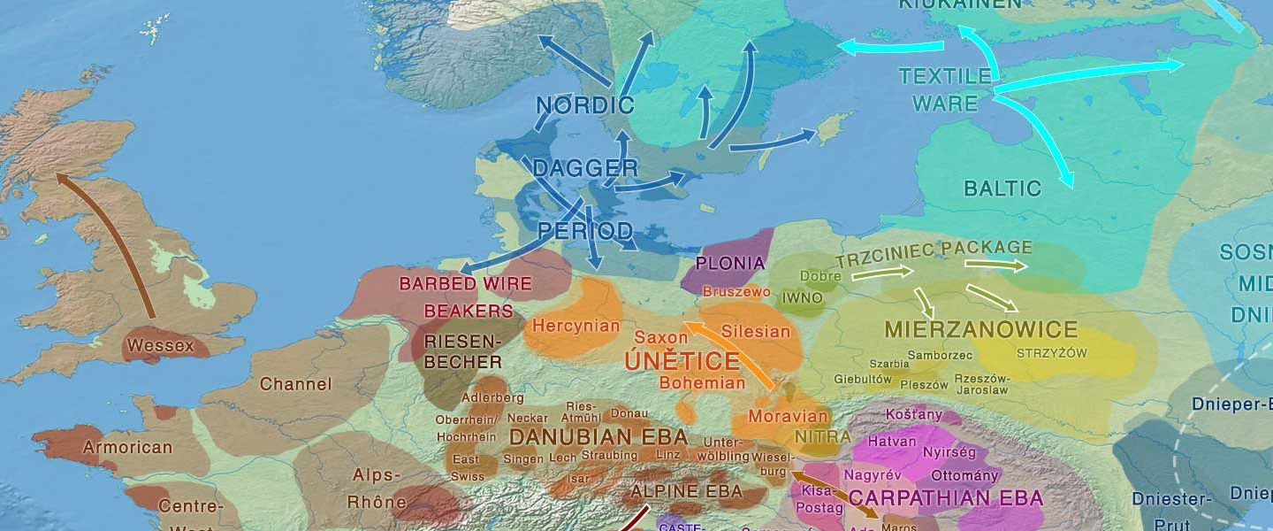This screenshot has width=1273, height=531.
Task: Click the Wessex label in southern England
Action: (160, 345)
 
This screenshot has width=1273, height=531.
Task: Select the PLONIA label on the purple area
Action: (729, 263)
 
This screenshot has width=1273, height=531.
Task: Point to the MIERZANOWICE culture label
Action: (980, 331)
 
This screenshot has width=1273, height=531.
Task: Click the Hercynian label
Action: (576, 326)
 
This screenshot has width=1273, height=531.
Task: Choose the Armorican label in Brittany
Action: (127, 447)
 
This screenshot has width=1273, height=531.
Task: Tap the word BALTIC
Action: (1002, 189)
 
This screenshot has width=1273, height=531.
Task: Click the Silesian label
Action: (756, 332)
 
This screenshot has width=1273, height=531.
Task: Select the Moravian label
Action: (789, 416)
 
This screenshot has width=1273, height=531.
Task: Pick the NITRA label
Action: (822, 437)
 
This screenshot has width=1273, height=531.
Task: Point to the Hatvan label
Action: (892, 441)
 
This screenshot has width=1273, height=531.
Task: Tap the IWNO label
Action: (803, 298)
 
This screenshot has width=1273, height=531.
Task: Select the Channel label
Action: (295, 384)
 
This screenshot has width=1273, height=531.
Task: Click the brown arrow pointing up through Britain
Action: (106, 239)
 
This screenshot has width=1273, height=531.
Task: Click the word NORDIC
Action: (585, 106)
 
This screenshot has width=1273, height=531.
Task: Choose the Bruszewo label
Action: (736, 291)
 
